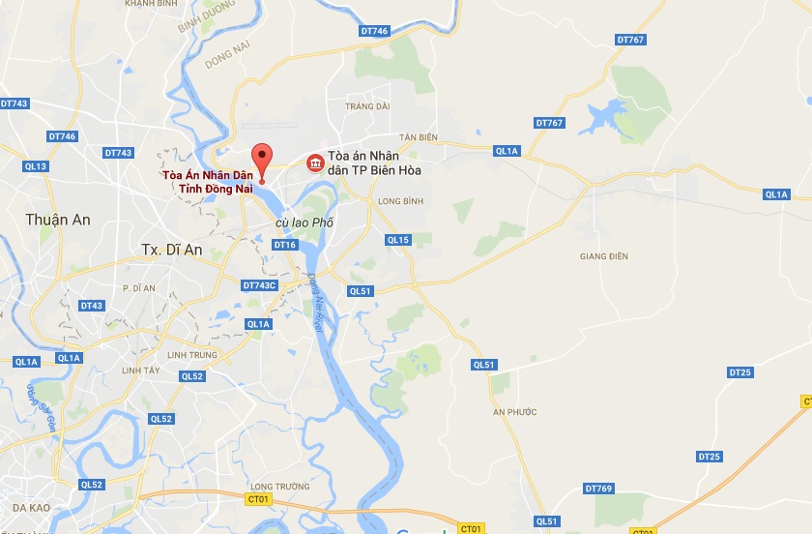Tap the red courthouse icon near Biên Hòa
315,164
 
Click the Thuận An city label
59,220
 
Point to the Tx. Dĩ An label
172,249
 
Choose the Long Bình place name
400,201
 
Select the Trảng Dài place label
369,105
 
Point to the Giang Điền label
604,255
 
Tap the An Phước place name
513,412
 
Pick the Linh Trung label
189,354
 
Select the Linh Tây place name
141,371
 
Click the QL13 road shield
36,166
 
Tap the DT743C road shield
259,285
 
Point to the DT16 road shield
284,246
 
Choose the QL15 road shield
397,240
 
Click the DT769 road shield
599,489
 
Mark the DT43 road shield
92,306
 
